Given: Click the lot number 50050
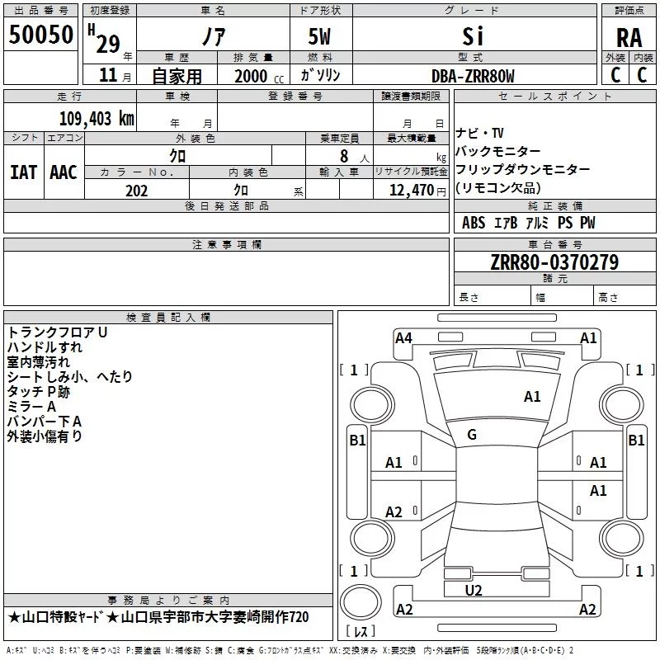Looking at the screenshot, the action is (40, 35).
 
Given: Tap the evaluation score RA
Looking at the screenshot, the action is (629, 38).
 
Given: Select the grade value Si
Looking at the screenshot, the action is (473, 36).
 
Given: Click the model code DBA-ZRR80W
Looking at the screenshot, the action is (473, 76).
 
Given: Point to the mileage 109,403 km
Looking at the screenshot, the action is (97, 119).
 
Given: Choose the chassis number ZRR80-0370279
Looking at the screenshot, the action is (554, 262).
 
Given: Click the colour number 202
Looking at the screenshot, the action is (136, 191).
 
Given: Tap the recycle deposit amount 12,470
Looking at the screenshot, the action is (411, 191).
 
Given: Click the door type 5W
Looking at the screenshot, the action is (319, 36).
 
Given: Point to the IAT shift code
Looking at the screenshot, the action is (23, 172).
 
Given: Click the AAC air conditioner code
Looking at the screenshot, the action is (64, 172).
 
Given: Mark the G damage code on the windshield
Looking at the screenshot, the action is (472, 435).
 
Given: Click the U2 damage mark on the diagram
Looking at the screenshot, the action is (474, 591).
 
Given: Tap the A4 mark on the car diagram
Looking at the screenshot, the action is (403, 338).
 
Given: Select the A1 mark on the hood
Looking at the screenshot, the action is (532, 397).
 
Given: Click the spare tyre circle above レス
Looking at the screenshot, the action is (361, 602).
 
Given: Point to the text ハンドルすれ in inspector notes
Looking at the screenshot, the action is (45, 347).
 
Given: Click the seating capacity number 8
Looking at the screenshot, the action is (344, 156).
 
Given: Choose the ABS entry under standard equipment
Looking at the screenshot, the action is (474, 223).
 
